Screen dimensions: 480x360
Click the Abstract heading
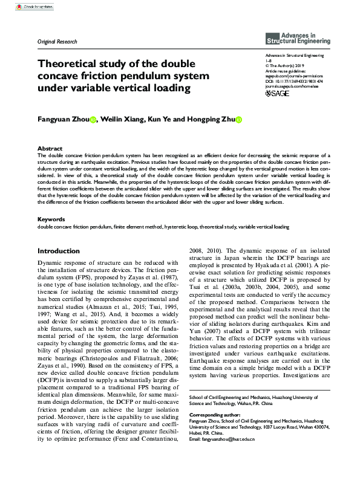[50, 148]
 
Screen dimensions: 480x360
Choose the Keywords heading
[51, 219]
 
